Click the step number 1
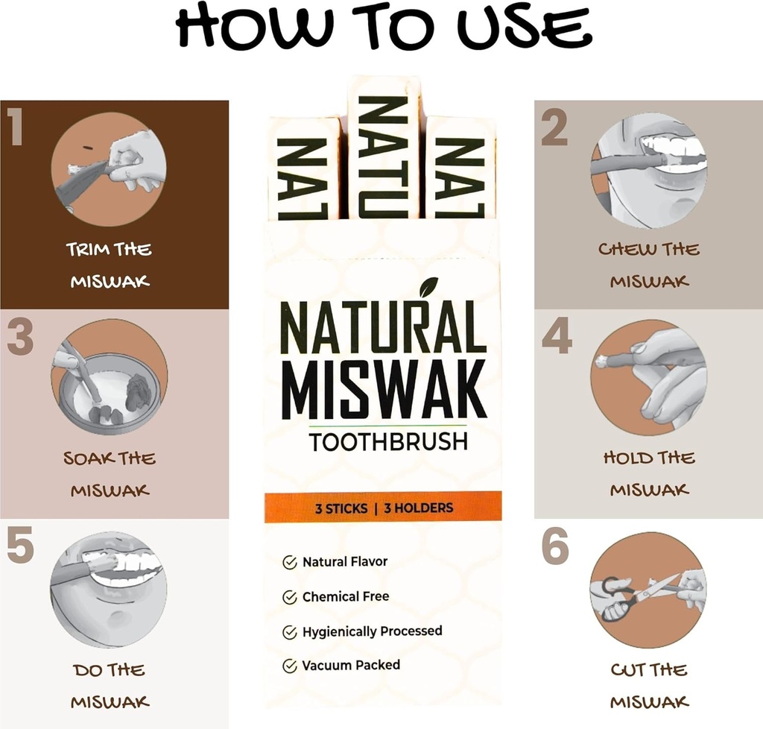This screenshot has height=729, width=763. pos(16,127)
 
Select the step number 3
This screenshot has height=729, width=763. pos(20,338)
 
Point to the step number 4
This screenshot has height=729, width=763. pos(557,338)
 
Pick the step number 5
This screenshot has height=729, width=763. pos(20,546)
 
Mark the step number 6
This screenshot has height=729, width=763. pos(555,548)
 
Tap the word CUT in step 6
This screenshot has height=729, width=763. pos(627,669)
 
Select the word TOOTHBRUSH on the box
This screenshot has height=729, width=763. pos(388,442)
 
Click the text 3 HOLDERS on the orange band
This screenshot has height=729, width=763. pos(418,508)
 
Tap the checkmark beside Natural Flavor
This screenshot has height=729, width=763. pos(290,563)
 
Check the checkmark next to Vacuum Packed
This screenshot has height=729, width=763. pos(290,666)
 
